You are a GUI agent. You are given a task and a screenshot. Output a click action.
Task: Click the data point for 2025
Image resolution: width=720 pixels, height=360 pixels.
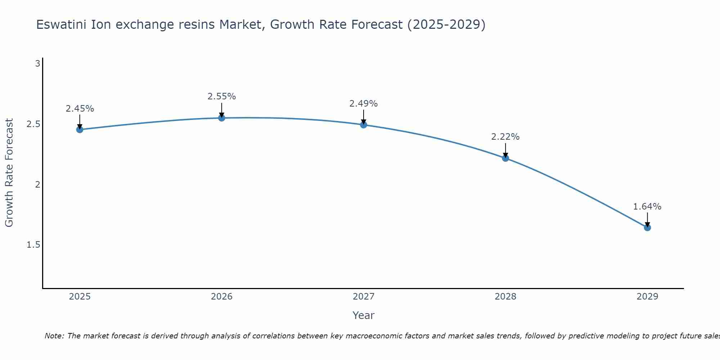click(x=80, y=130)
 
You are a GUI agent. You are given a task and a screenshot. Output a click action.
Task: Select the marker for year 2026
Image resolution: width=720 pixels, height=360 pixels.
click(x=222, y=118)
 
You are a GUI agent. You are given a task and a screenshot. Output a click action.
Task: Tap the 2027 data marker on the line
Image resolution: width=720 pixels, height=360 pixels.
click(x=364, y=125)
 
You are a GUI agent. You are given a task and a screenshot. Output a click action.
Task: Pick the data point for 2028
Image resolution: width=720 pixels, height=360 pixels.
click(x=505, y=158)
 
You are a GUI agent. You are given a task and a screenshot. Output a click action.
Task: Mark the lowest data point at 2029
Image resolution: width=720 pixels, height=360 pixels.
click(x=647, y=228)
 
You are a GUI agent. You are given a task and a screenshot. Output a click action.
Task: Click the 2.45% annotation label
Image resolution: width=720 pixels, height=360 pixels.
click(x=80, y=109)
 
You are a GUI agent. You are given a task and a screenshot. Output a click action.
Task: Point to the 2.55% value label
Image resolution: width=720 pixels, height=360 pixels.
click(x=222, y=96)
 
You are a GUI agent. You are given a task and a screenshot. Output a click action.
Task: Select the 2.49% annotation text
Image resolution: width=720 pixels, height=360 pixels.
click(x=364, y=104)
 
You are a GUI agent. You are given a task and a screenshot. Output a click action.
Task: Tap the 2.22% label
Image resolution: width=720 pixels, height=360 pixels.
click(x=505, y=137)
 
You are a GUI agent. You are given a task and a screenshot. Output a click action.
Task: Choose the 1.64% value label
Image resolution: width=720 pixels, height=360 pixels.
click(x=647, y=207)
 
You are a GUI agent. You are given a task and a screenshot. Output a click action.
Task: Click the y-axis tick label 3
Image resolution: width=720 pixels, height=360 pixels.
click(x=37, y=64)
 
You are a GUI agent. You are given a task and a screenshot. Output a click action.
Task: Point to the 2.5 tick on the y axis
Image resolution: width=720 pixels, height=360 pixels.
click(x=33, y=124)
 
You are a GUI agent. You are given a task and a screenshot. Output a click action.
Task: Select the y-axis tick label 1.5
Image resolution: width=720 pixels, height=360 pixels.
click(x=33, y=245)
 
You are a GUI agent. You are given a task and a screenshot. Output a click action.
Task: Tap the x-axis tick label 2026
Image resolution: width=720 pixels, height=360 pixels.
click(x=222, y=297)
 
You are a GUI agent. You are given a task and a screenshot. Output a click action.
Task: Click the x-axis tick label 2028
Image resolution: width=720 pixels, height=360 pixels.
click(x=505, y=297)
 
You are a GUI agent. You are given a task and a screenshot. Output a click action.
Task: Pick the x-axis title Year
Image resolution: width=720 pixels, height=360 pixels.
click(x=364, y=315)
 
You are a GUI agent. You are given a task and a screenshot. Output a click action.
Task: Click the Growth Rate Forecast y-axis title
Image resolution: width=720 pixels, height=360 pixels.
click(x=9, y=173)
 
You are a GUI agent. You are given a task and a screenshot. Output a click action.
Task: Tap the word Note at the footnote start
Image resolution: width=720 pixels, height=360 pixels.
click(x=54, y=336)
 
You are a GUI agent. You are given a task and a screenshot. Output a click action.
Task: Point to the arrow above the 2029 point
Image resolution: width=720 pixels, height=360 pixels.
click(x=647, y=219)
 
